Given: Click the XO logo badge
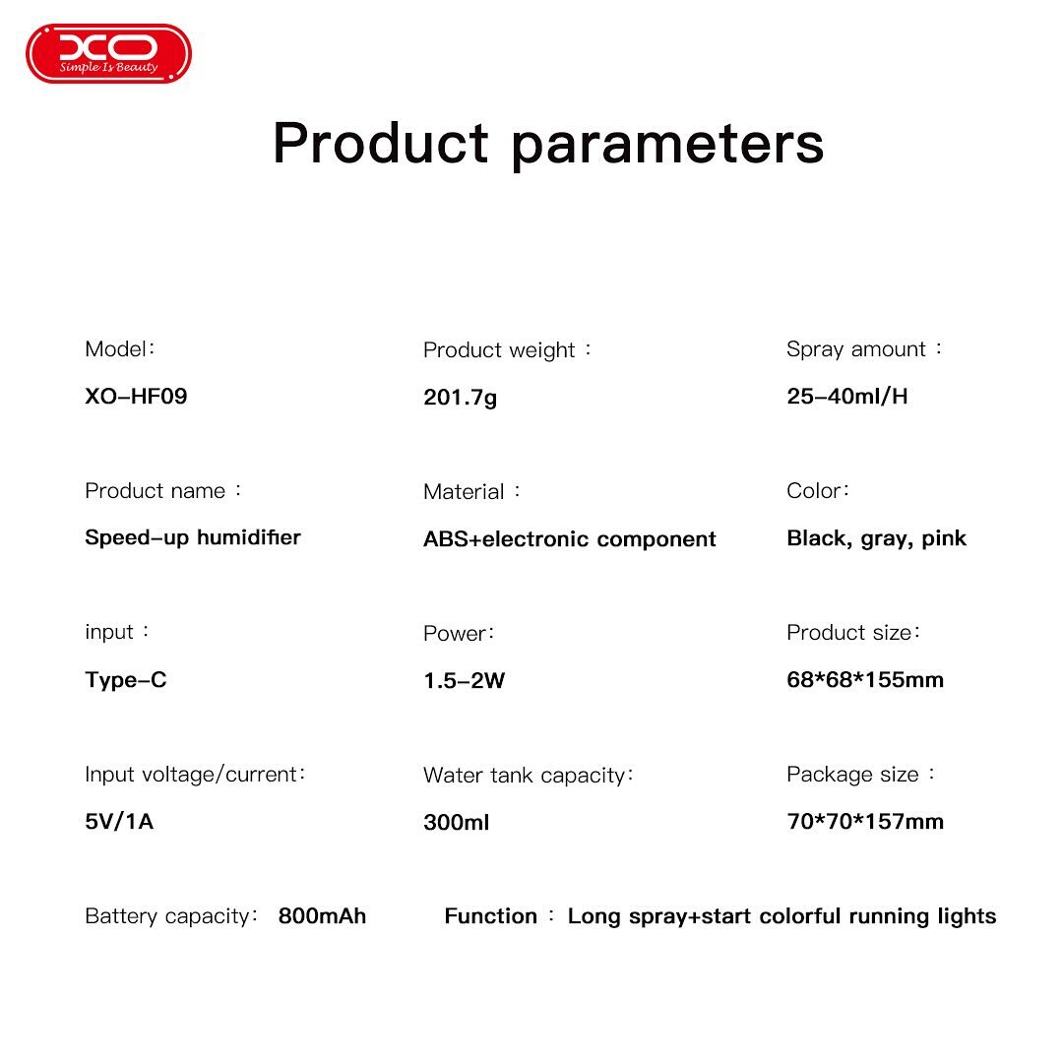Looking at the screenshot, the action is (108, 53).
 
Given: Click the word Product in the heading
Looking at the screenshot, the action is (380, 143).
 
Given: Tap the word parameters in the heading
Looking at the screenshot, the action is (667, 147).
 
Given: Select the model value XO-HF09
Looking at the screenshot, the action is (136, 396).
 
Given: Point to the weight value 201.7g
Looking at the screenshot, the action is (461, 398).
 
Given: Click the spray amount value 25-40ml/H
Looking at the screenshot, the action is (846, 396).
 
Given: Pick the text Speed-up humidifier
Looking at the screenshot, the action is (193, 537).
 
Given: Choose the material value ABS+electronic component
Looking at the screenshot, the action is (570, 539).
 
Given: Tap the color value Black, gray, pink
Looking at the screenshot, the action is (877, 538).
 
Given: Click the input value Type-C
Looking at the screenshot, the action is (125, 680).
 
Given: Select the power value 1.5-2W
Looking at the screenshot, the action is (465, 681).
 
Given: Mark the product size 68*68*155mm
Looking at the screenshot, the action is (865, 679).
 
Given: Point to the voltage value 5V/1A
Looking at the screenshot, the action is (119, 822).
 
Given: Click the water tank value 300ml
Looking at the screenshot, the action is (457, 822).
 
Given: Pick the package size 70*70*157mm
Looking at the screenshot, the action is (865, 822).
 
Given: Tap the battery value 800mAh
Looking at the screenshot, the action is (322, 916).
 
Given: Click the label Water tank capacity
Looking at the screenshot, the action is (524, 776).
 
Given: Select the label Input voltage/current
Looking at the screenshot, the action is (191, 775).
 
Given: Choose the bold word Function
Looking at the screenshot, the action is (491, 916).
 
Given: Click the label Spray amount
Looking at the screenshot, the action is (855, 349).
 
